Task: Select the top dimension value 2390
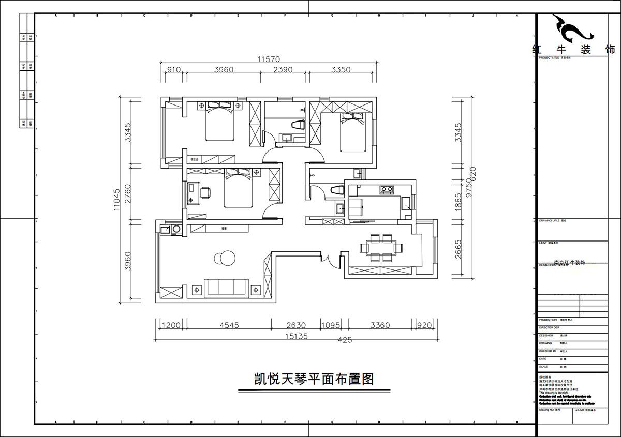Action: [x=284, y=70]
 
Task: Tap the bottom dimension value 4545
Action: [x=229, y=326]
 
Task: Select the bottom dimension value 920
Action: [x=424, y=326]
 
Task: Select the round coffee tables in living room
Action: [x=223, y=257]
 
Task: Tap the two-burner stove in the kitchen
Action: [x=387, y=189]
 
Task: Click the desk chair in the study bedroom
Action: [x=205, y=193]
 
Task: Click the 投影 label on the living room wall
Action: [x=224, y=228]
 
